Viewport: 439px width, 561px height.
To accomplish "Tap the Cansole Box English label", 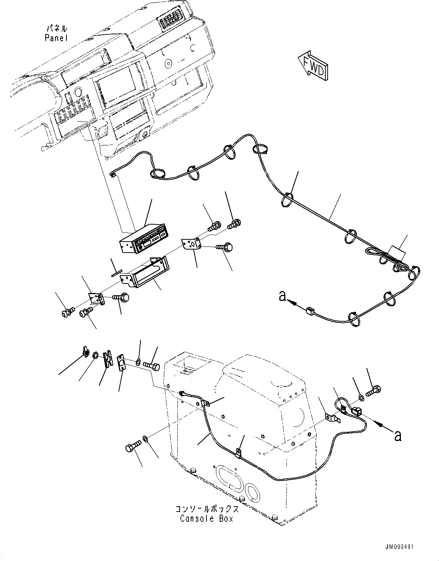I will (x=206, y=518).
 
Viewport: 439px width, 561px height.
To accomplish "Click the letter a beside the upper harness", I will (x=282, y=297).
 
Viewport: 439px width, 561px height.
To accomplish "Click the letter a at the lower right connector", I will (x=397, y=436).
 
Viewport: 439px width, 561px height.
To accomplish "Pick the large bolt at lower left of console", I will (x=132, y=448).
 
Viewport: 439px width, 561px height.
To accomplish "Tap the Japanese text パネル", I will (x=56, y=28).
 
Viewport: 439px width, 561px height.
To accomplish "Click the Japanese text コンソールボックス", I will (x=207, y=509).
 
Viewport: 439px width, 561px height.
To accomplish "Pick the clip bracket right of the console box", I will (x=331, y=418).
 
